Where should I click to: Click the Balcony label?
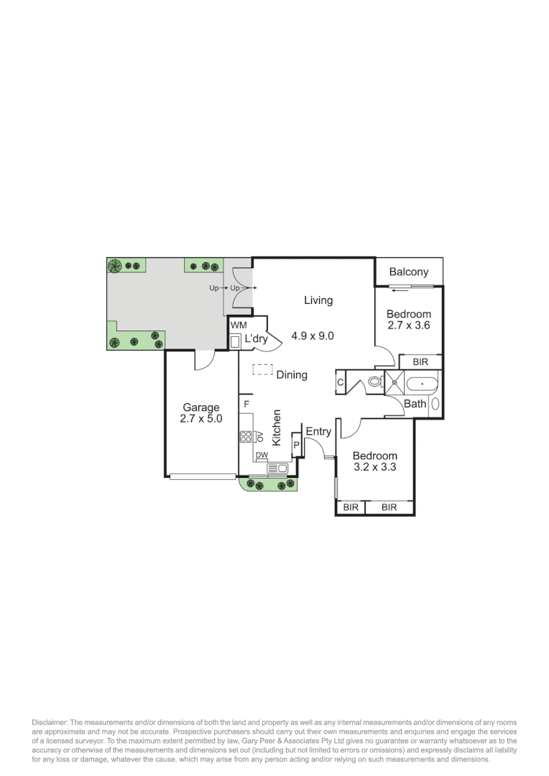click(x=408, y=272)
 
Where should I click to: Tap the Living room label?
click(x=318, y=300)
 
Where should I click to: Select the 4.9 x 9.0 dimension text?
click(x=313, y=336)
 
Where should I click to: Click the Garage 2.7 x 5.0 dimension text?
click(x=201, y=419)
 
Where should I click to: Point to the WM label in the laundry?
click(x=238, y=325)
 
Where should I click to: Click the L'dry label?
click(x=257, y=339)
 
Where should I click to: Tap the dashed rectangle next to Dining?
click(x=262, y=371)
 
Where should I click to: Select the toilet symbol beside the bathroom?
click(x=375, y=382)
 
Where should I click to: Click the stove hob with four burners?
click(x=246, y=436)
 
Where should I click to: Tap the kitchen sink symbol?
click(x=277, y=468)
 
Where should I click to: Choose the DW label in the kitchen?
click(x=262, y=456)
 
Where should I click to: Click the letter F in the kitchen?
click(x=246, y=405)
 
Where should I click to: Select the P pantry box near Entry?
click(x=295, y=445)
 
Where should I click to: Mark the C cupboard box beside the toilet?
click(x=341, y=382)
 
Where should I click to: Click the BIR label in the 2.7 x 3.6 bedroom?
click(x=420, y=361)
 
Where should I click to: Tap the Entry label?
click(x=318, y=431)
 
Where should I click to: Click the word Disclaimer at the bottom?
click(x=49, y=721)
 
